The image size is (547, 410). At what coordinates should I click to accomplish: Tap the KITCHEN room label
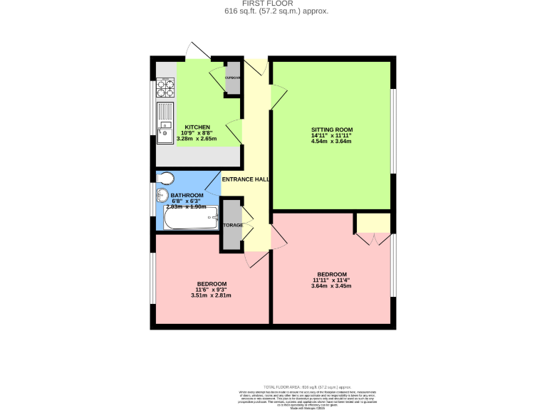(x=197, y=127)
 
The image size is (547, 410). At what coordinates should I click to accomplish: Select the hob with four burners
(x=166, y=88)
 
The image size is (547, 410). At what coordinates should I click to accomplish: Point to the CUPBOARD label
(x=232, y=77)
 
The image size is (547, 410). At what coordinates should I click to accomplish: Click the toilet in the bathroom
(x=166, y=177)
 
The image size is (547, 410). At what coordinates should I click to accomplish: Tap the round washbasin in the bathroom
(x=162, y=195)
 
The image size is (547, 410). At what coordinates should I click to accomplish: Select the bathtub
(x=191, y=222)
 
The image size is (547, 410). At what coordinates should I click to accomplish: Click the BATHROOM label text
(x=187, y=195)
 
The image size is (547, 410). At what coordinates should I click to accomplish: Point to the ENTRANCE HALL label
(x=245, y=179)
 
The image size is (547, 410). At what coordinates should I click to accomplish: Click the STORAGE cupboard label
(x=232, y=225)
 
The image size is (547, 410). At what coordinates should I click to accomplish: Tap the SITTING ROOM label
(x=331, y=129)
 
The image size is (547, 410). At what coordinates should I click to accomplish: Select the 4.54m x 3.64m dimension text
(x=331, y=141)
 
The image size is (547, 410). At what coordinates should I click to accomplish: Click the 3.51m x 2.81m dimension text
(x=212, y=295)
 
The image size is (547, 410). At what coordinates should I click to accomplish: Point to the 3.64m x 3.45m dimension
(x=332, y=286)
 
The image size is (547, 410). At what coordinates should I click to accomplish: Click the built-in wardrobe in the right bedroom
(x=374, y=224)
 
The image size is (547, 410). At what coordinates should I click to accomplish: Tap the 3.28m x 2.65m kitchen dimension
(x=197, y=139)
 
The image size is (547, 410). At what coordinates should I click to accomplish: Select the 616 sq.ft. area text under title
(x=276, y=11)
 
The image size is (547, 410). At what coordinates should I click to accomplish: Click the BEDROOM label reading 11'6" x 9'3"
(x=212, y=283)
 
